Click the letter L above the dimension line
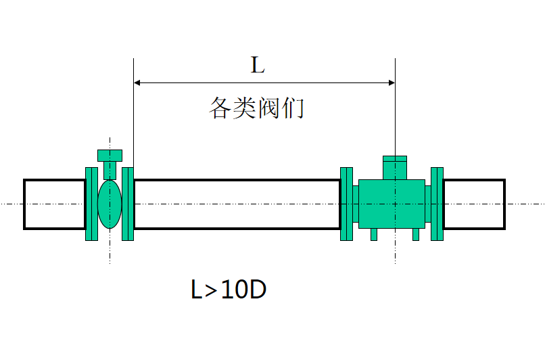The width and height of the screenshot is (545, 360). (x=257, y=66)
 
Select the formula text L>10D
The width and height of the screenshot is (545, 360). (x=228, y=290)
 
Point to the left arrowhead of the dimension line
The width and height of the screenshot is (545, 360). (x=137, y=83)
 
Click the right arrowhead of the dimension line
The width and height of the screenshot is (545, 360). (x=391, y=83)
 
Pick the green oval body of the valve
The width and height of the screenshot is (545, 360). (x=110, y=204)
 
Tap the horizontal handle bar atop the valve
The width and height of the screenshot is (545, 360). (x=110, y=155)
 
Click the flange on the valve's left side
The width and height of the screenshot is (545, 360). (x=91, y=204)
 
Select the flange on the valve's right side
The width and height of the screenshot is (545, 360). (x=127, y=204)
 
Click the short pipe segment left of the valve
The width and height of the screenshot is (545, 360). (x=54, y=204)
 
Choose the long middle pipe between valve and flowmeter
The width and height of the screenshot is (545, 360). (x=237, y=204)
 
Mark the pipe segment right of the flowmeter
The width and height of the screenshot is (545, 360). (x=473, y=204)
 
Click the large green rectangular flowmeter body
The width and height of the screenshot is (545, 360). (x=392, y=204)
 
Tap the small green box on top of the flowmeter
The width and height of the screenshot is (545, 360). (x=394, y=167)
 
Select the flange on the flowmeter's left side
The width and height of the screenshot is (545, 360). (x=346, y=204)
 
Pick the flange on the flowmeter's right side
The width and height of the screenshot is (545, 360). (x=437, y=204)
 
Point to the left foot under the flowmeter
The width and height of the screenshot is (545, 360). (x=373, y=234)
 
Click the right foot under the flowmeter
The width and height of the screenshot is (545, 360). (x=415, y=234)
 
